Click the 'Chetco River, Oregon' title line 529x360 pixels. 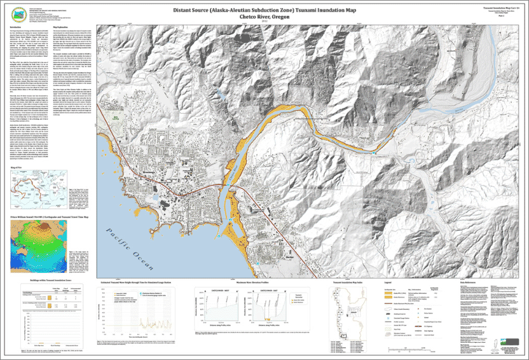coord(264,18)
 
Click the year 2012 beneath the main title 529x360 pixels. coord(264,23)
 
